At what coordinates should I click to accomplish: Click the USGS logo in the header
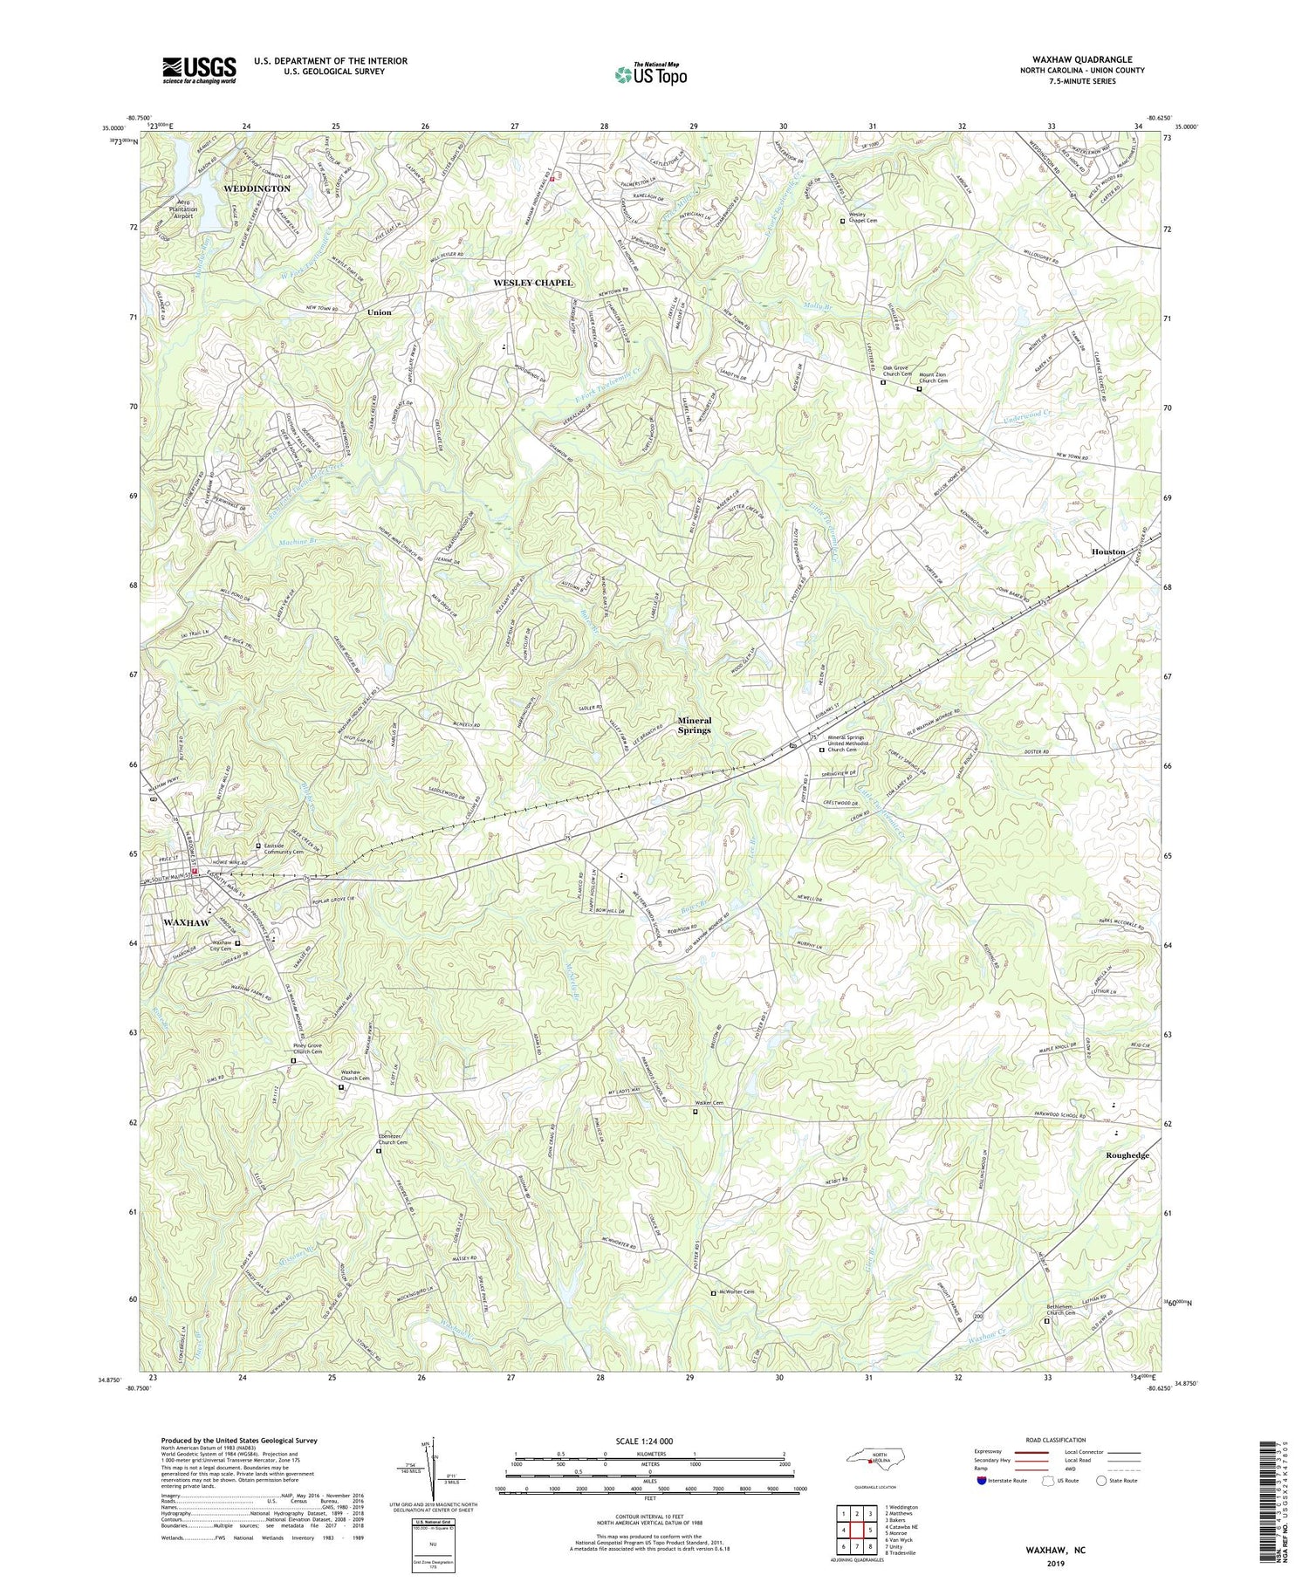point(199,70)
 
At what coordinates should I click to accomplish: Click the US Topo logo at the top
point(649,74)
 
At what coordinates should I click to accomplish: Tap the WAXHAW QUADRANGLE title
point(1082,59)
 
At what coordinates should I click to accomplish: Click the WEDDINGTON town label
point(257,188)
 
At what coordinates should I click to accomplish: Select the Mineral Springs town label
point(694,725)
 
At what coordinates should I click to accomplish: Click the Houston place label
point(1108,552)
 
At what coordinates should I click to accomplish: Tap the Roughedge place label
point(1127,1155)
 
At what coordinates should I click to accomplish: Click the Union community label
point(379,312)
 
